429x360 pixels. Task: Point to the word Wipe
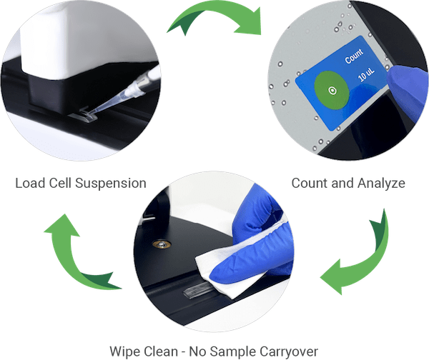coord(125,351)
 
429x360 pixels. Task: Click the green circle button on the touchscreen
coord(332,91)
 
